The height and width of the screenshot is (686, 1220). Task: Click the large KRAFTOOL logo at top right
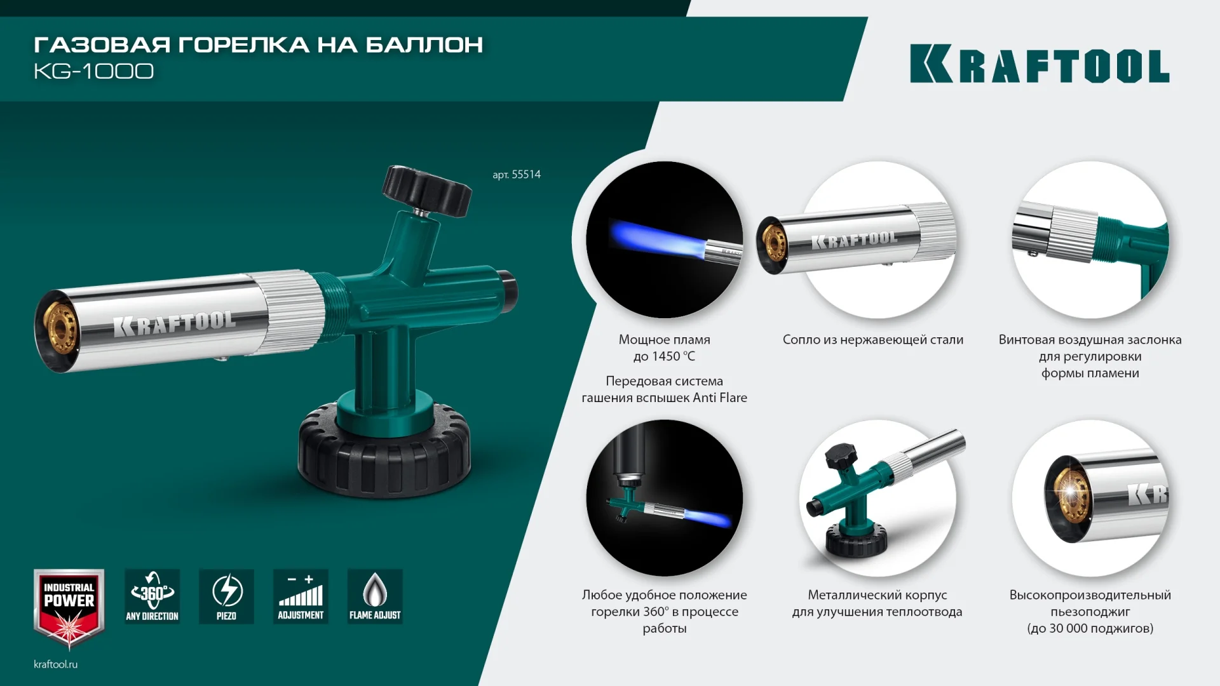pos(1040,64)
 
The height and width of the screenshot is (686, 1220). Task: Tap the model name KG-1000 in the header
pos(93,71)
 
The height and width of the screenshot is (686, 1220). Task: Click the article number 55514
pos(517,175)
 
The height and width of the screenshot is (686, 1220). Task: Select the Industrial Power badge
pos(69,607)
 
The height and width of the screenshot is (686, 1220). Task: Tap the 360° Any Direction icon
pos(152,596)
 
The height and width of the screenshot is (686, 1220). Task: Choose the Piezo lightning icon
pos(226,596)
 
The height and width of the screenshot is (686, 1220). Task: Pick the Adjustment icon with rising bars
pos(301,596)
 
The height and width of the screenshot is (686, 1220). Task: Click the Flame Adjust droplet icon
pos(375,596)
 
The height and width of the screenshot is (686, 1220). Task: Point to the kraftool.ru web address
pos(55,664)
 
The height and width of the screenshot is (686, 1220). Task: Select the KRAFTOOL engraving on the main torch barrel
pos(174,323)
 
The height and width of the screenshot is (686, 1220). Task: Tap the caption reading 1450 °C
pos(664,356)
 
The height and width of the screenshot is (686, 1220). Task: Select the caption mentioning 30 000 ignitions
pos(1090,628)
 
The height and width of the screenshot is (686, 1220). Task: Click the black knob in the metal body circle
pos(843,456)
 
